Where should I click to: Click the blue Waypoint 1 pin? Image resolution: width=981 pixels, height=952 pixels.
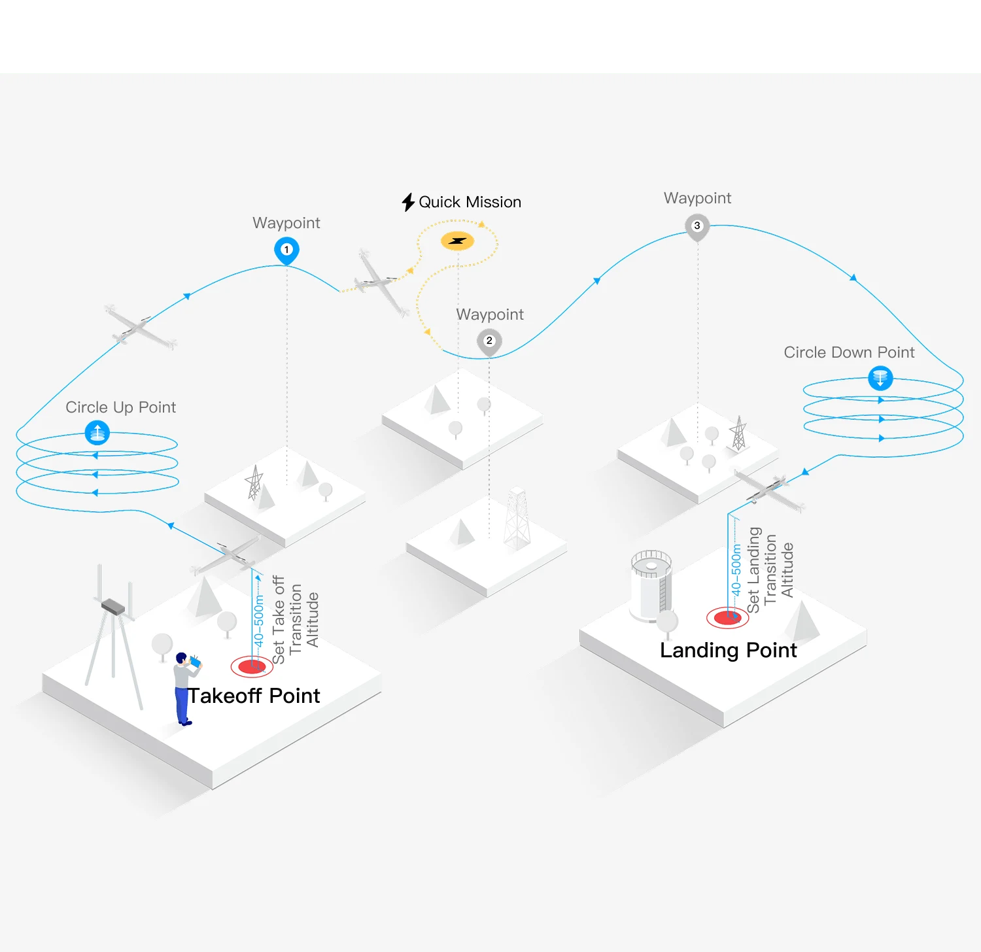[286, 250]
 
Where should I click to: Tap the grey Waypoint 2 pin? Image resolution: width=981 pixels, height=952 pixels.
[489, 342]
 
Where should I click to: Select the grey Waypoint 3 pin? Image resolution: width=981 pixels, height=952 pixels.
[697, 227]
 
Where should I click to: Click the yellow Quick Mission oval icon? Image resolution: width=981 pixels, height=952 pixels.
[457, 241]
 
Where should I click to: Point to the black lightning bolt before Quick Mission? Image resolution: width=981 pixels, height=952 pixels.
[409, 202]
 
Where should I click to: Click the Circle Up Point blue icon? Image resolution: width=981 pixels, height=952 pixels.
[97, 433]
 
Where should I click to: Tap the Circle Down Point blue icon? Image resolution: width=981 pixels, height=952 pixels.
[880, 378]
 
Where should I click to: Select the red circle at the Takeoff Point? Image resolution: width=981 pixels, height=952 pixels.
[252, 667]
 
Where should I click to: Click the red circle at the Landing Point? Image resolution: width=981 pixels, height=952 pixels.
[727, 617]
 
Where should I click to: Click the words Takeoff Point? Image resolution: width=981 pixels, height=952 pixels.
[254, 696]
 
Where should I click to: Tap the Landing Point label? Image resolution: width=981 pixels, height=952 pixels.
[729, 651]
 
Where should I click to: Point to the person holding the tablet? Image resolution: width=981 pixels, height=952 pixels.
[185, 688]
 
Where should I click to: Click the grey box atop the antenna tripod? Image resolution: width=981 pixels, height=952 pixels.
[114, 607]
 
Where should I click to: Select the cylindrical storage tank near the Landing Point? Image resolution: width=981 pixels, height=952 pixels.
[651, 586]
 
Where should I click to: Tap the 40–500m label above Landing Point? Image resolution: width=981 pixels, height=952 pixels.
[736, 570]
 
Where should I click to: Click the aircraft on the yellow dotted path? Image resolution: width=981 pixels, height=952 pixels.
[381, 283]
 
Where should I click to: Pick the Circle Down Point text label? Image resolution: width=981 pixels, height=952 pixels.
[849, 352]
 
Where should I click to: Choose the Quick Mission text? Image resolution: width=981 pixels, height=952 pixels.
[470, 202]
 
